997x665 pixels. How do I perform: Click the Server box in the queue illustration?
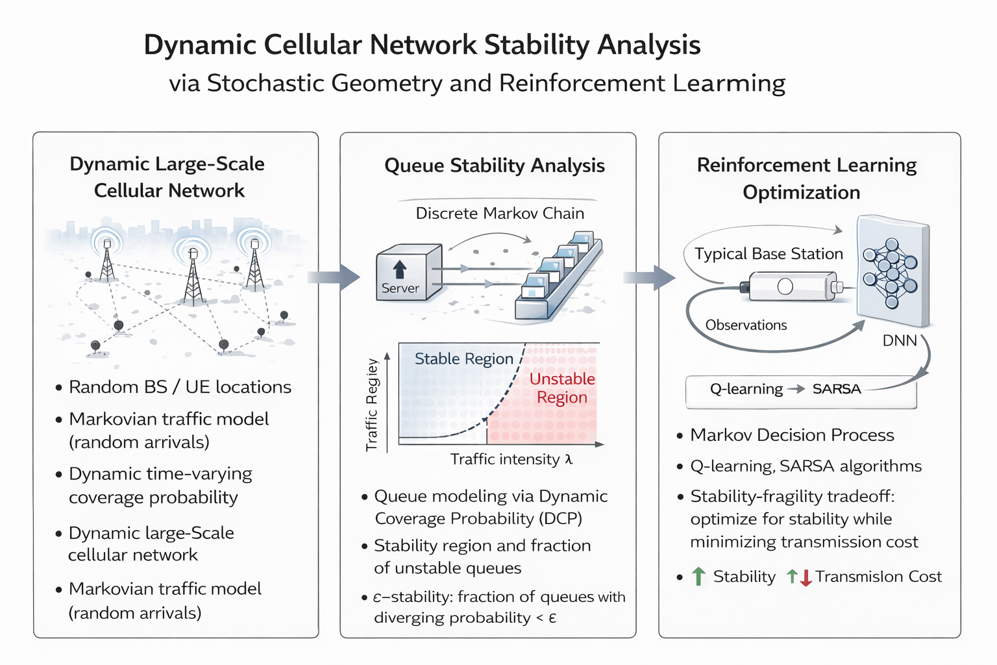[408, 273]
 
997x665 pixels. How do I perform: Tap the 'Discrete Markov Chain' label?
[500, 214]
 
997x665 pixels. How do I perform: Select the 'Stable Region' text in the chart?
[463, 359]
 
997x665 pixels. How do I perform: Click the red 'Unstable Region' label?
[562, 388]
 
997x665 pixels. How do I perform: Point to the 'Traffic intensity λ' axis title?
[511, 460]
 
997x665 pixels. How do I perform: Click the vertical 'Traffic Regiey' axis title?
[372, 405]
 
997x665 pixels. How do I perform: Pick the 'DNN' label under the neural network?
[900, 340]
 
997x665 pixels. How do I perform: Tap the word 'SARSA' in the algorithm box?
[837, 389]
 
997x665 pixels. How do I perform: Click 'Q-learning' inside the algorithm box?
[746, 389]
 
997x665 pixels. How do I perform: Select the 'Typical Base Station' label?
[769, 254]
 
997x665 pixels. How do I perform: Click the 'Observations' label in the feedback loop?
[746, 325]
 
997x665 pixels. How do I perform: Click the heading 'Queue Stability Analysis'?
[495, 166]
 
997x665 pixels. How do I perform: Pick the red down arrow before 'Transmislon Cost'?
[806, 578]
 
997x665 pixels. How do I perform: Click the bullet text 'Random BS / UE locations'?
[180, 388]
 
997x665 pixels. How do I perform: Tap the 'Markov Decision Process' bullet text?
[792, 435]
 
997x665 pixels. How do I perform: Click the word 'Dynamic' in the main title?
[199, 45]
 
